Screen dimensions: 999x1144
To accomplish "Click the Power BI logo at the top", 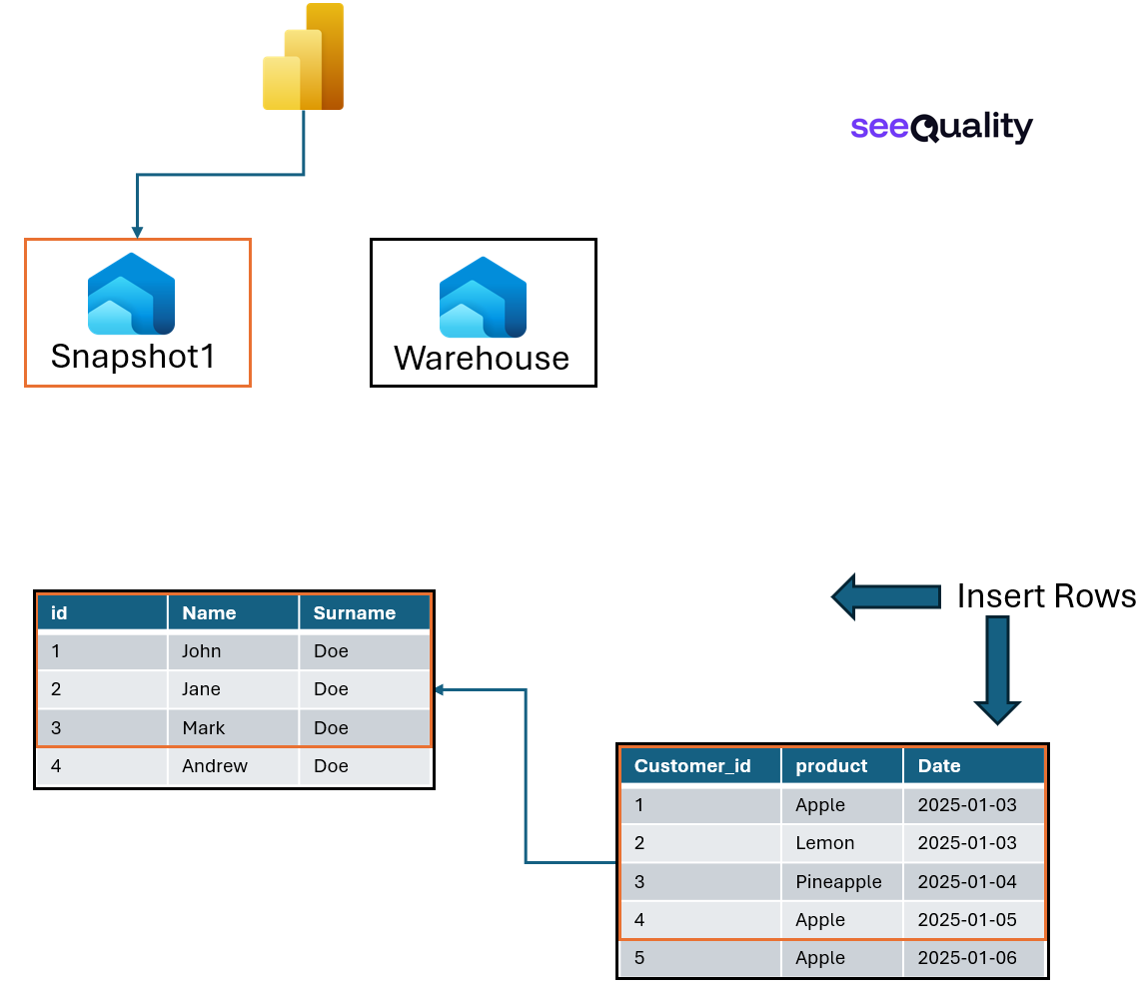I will coord(304,57).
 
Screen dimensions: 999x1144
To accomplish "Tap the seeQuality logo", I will coord(941,127).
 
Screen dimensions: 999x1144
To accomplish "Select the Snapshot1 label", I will coord(133,357).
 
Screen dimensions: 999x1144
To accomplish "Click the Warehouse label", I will coord(482,358).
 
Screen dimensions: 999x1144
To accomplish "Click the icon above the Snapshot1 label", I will coord(131,294).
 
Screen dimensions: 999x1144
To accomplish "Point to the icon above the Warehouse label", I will coord(483,297).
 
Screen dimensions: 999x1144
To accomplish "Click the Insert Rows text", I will coord(1045,596).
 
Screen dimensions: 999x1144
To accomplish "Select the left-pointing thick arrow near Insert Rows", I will coord(885,597).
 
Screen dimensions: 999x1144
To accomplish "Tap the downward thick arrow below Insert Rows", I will coord(997,670).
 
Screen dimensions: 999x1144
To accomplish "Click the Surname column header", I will coord(355,613).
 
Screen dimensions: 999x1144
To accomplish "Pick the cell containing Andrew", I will coord(215,766).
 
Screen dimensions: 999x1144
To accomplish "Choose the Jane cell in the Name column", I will coord(202,689).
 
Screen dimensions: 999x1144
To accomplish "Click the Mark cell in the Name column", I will coord(204,728).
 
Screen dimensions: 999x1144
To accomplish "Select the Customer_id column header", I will coord(692,766).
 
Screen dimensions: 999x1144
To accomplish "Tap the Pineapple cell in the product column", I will coord(838,881).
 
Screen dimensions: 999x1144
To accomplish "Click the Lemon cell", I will coord(825,843).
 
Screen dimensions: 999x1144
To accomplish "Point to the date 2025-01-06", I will coord(967,958).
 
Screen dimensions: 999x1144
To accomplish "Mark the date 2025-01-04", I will coord(967,881).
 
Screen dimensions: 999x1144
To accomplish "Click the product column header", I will coord(831,766).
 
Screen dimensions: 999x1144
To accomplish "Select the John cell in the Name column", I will coord(202,651).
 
